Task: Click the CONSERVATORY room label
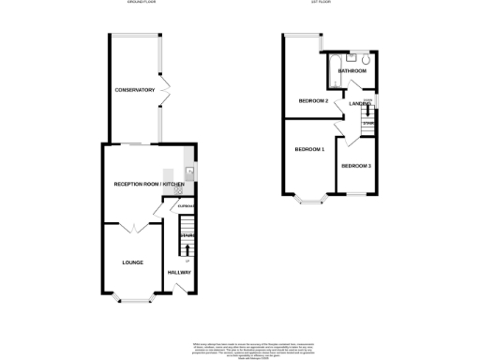pyautogui.click(x=134, y=90)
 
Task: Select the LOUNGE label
pyautogui.click(x=132, y=262)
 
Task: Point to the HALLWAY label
pyautogui.click(x=179, y=273)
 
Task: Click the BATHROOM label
pyautogui.click(x=352, y=71)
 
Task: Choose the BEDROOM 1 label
pyautogui.click(x=309, y=150)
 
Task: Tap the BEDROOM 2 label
pyautogui.click(x=313, y=100)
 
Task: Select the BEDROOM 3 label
pyautogui.click(x=355, y=166)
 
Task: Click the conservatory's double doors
pyautogui.click(x=166, y=90)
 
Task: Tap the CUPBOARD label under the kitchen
pyautogui.click(x=185, y=205)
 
